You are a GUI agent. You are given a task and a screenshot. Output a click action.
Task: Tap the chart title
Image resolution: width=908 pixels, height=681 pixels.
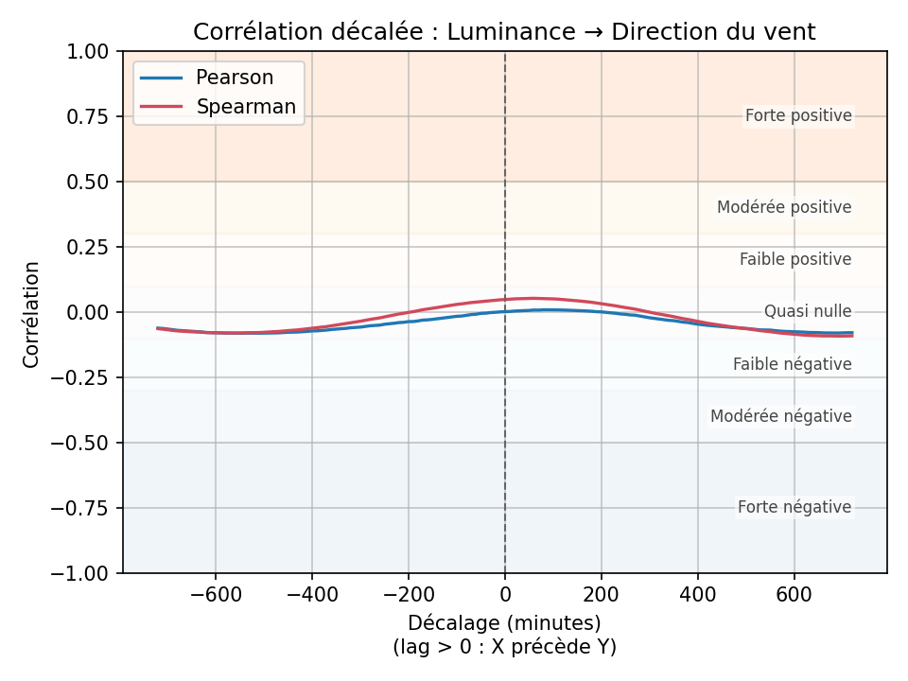click(x=504, y=32)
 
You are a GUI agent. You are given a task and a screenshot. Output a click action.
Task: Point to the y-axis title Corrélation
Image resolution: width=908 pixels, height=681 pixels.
click(x=32, y=314)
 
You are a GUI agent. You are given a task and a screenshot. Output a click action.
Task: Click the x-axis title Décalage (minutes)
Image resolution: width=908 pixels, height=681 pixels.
click(x=504, y=623)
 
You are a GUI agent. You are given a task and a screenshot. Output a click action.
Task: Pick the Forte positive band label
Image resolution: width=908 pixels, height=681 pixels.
click(x=798, y=116)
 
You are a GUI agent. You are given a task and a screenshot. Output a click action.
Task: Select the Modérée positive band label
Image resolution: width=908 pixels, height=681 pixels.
click(x=784, y=207)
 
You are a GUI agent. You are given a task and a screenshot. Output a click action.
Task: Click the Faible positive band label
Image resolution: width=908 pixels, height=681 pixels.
click(x=795, y=259)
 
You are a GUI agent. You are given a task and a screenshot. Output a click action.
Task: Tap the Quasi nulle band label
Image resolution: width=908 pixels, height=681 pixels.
click(x=808, y=311)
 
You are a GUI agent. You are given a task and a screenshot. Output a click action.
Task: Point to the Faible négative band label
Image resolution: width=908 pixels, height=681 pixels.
click(x=793, y=364)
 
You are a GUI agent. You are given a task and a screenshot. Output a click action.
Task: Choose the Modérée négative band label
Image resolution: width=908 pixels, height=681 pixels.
click(x=781, y=416)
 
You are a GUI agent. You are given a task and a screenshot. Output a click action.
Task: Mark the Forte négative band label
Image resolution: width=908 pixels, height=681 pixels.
click(x=794, y=507)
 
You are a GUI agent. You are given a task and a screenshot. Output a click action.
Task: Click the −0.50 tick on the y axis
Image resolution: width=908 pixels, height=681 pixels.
click(x=85, y=443)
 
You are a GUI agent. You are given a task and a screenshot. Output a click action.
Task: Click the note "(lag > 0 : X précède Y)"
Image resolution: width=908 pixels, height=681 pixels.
click(x=504, y=647)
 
